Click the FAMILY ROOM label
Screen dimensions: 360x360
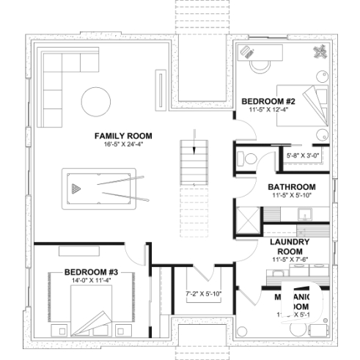click(123, 136)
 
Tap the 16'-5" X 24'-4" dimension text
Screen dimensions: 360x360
click(123, 144)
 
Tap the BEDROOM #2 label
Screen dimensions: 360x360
click(268, 101)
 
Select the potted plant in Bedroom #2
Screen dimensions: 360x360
click(321, 51)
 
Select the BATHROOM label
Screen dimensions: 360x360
click(291, 187)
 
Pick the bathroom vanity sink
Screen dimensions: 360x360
click(300, 213)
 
